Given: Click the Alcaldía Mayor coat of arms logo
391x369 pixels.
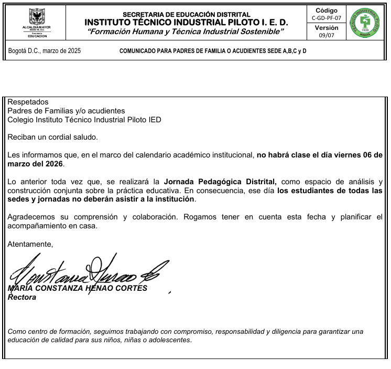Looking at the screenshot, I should click(37, 15).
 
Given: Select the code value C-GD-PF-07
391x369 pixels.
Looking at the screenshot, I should click(326, 17).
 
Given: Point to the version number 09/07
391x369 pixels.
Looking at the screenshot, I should click(326, 35).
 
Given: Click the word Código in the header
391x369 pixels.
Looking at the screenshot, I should click(326, 10).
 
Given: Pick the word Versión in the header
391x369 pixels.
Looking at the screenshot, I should click(326, 28).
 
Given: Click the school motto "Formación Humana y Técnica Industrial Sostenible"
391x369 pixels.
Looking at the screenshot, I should click(186, 31).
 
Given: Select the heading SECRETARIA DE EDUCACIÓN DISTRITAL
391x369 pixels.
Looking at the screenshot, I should click(186, 14).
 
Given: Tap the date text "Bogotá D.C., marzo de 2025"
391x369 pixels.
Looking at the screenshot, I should click(45, 51).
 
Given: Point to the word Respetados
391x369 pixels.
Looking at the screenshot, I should click(28, 102).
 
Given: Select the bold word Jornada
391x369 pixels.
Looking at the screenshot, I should click(178, 182).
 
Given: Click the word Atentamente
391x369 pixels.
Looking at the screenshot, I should click(30, 244).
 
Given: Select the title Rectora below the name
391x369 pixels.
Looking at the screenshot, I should click(22, 297).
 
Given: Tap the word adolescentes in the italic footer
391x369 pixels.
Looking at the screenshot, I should click(169, 340).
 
